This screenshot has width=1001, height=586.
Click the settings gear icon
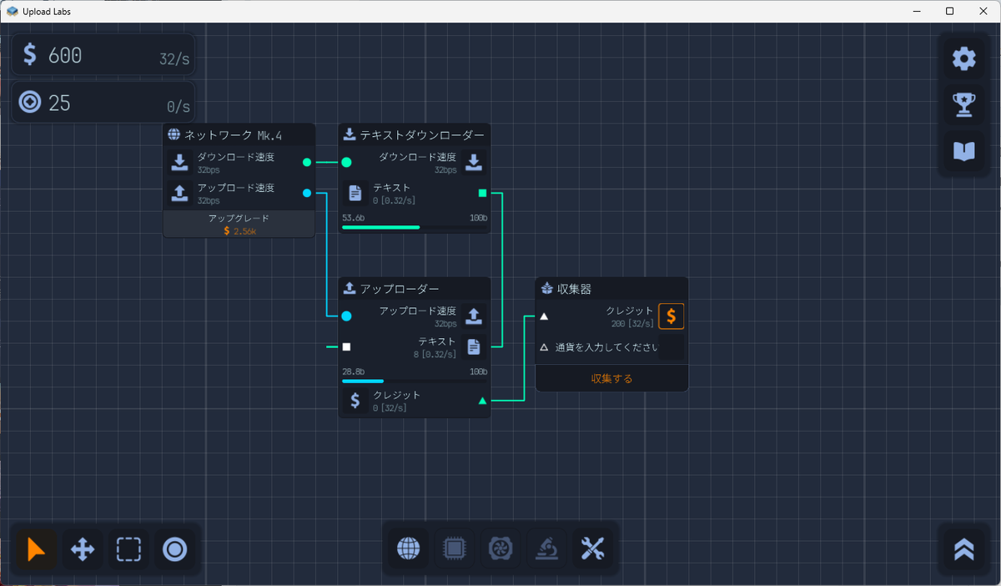[x=963, y=58]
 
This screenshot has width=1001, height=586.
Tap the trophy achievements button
[x=963, y=104]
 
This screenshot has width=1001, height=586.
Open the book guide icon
[x=963, y=151]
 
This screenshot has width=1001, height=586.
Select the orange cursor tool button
[x=37, y=549]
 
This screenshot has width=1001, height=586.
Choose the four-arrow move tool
[x=83, y=549]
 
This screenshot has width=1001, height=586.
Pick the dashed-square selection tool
[x=128, y=549]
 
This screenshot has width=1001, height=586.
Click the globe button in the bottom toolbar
[x=408, y=548]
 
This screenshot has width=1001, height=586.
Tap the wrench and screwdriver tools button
[x=591, y=548]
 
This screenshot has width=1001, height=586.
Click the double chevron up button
[x=963, y=548]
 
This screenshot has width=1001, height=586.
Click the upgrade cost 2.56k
[x=239, y=230]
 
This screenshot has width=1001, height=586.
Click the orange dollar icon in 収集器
[x=672, y=316]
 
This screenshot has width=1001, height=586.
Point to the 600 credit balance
[x=65, y=56]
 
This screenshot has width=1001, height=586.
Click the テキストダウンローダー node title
[x=421, y=134]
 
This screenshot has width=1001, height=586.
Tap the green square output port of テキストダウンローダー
[x=482, y=193]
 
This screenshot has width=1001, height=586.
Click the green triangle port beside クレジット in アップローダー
[x=482, y=401]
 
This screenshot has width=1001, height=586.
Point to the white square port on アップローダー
[x=347, y=346]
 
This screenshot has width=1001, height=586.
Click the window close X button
[x=981, y=11]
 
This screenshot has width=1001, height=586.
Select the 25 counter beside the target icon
[x=59, y=104]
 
